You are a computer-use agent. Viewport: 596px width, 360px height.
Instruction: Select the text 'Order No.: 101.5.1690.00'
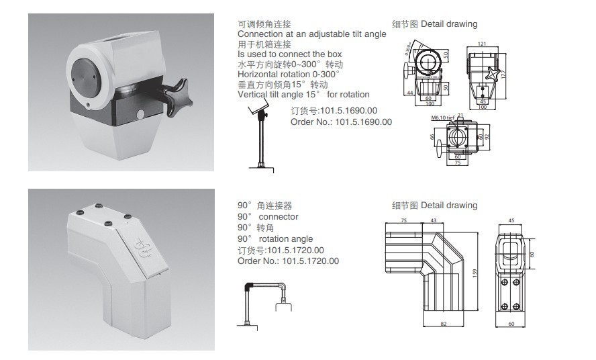pyautogui.click(x=341, y=122)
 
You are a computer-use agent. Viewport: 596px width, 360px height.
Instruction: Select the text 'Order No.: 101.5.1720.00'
pyautogui.click(x=288, y=261)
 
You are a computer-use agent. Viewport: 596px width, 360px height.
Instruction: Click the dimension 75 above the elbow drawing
pyautogui.click(x=404, y=220)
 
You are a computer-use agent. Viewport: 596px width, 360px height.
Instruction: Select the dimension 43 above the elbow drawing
pyautogui.click(x=433, y=220)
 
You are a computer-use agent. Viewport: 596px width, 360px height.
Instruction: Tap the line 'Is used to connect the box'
pyautogui.click(x=289, y=54)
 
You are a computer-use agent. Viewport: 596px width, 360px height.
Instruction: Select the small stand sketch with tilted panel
pyautogui.click(x=258, y=138)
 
